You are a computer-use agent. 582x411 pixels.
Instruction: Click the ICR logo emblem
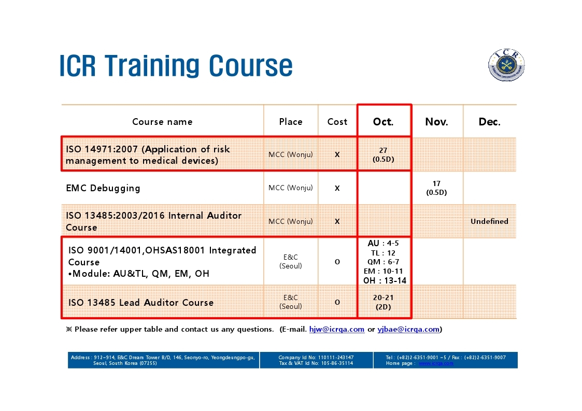tap(506, 65)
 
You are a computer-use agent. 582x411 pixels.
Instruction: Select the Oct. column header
tap(383, 122)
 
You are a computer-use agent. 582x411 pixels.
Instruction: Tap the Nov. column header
tap(436, 122)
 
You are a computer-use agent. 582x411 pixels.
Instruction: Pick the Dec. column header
tap(490, 122)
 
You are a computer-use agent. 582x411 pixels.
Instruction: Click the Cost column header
tap(337, 122)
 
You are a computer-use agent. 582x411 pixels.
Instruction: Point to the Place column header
tap(291, 122)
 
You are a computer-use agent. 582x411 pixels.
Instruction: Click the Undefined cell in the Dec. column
tap(489, 221)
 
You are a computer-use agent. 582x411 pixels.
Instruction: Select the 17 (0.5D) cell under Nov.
tap(436, 188)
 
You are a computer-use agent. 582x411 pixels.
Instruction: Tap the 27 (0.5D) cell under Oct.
tap(383, 155)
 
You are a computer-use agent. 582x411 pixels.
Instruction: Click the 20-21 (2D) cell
tap(383, 302)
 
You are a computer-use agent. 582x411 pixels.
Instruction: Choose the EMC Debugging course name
tap(103, 188)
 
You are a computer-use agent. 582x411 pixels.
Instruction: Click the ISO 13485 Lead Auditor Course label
tap(140, 303)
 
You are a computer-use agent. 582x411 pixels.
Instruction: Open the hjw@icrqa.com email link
tap(337, 329)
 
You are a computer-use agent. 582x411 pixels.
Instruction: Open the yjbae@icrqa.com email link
tap(408, 329)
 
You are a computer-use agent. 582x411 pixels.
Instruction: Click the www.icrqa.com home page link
tap(436, 363)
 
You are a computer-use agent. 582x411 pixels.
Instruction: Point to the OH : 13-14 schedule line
tap(385, 281)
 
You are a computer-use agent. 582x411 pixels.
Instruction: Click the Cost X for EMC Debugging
tap(337, 188)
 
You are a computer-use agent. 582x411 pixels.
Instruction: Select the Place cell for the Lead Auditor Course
tap(291, 302)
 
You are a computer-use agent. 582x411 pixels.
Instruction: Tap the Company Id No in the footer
tap(316, 358)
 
